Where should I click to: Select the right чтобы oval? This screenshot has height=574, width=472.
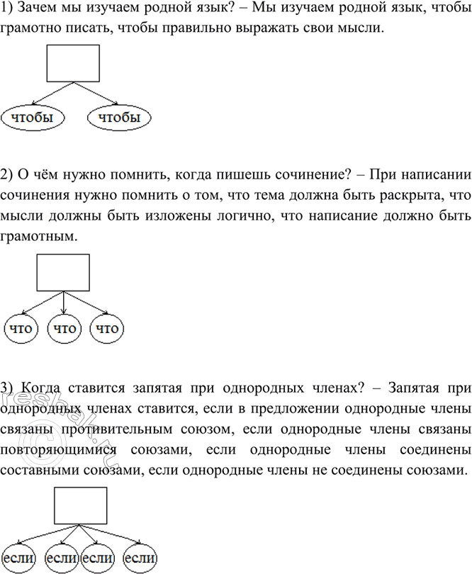click(x=119, y=118)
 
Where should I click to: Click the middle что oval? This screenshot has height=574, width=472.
click(x=64, y=328)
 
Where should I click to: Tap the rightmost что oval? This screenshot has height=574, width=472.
click(x=107, y=328)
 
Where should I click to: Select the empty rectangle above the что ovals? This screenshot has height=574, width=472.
click(x=63, y=272)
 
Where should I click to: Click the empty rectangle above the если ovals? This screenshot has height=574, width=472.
click(x=82, y=505)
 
